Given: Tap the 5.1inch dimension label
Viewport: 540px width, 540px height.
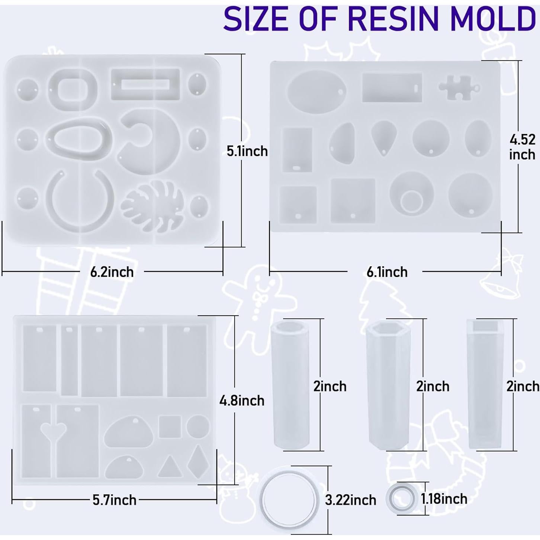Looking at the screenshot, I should coord(247,151).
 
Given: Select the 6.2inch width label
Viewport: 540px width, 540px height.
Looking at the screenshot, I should coord(112,272).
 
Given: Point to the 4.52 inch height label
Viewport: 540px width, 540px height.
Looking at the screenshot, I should coord(522,147).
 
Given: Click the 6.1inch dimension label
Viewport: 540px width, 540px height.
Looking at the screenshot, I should coord(387,272).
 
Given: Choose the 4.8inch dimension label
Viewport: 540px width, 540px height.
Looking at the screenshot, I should coord(242,401).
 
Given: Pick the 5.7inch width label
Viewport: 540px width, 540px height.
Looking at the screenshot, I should coord(115,500).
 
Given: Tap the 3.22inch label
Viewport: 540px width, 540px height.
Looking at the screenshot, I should coord(350,500).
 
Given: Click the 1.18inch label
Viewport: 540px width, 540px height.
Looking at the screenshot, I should coord(444,499).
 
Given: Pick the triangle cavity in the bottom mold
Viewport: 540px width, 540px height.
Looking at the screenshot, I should coord(170,467).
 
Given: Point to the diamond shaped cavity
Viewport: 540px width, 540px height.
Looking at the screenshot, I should coord(198,461).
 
